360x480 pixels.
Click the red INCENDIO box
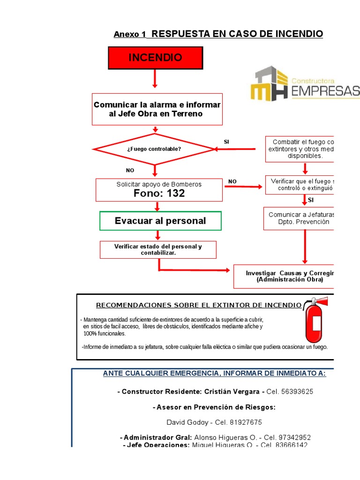pyautogui.click(x=155, y=58)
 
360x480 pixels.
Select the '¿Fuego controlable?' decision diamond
pyautogui.click(x=154, y=149)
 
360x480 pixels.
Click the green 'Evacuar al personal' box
pyautogui.click(x=160, y=221)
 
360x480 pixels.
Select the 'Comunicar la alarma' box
pyautogui.click(x=157, y=109)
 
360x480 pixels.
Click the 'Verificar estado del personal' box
pyautogui.click(x=158, y=249)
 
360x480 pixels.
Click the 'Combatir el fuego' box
pyautogui.click(x=300, y=149)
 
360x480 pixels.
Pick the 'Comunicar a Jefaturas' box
pyautogui.click(x=300, y=218)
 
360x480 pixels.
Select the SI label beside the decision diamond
pyautogui.click(x=227, y=142)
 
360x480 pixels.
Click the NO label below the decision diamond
pyautogui.click(x=130, y=171)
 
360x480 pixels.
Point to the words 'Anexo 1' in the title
pyautogui.click(x=130, y=35)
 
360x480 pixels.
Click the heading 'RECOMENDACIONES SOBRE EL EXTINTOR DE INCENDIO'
pyautogui.click(x=199, y=306)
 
